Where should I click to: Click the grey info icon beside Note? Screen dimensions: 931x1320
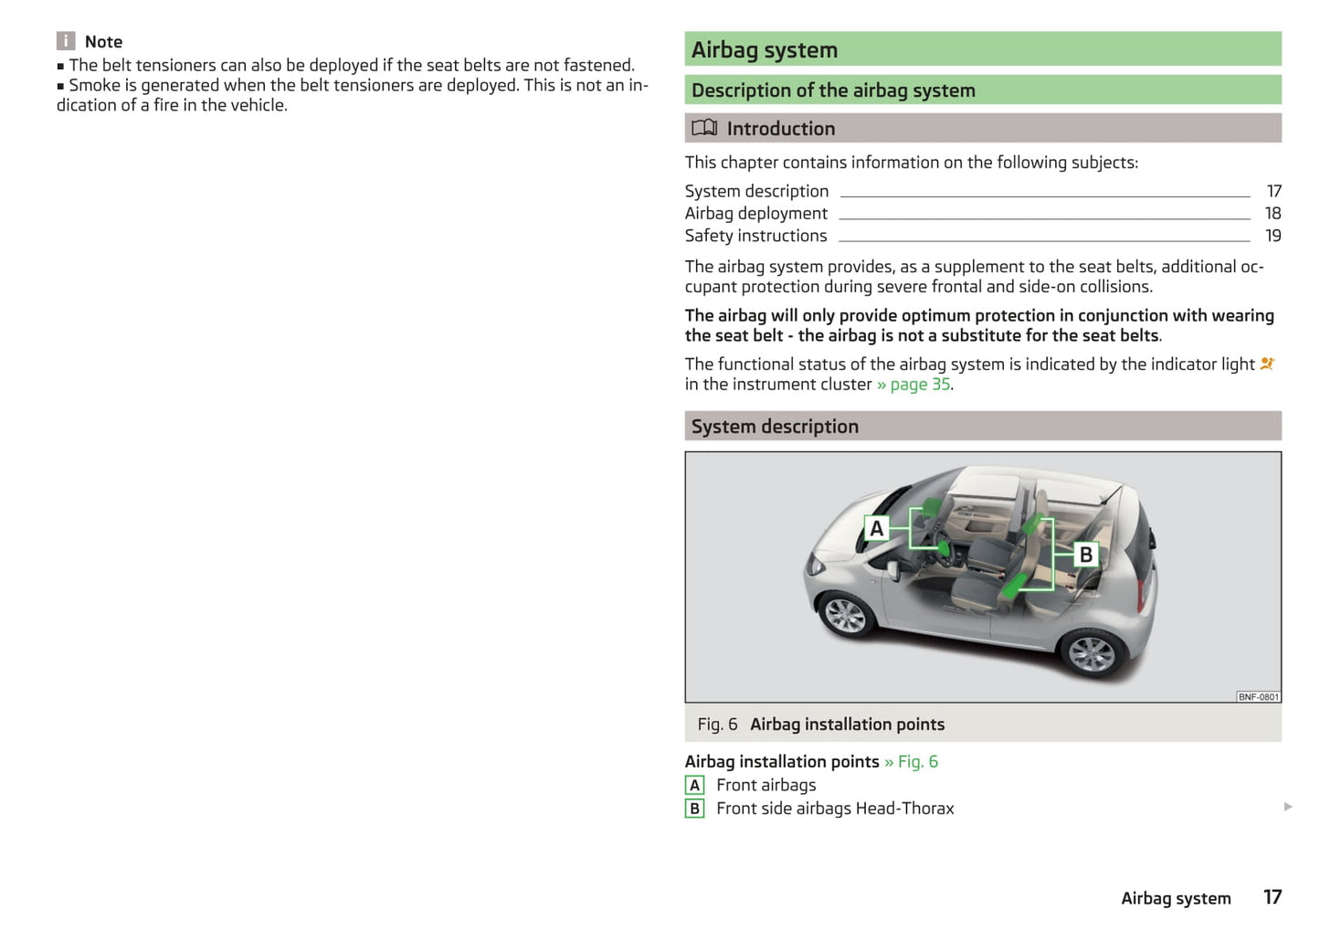(66, 41)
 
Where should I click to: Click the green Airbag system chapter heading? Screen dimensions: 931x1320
(765, 50)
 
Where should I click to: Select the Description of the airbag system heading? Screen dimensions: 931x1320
(833, 90)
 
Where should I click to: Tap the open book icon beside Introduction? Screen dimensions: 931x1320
(704, 128)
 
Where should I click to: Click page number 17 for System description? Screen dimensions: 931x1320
(1273, 191)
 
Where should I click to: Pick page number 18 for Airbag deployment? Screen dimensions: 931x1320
(1272, 213)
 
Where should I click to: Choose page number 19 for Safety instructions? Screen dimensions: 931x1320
(1272, 236)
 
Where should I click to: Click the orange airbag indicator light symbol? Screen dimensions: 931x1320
(1267, 364)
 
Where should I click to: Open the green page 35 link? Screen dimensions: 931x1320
(920, 385)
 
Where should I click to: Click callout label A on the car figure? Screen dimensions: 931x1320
(877, 528)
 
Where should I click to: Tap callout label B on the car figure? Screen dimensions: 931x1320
(1085, 555)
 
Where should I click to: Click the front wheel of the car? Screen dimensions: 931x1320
(845, 615)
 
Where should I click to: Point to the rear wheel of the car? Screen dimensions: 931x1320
(1091, 653)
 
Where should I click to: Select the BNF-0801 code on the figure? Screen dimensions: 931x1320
(1258, 697)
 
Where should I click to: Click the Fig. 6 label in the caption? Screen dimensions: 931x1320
(717, 725)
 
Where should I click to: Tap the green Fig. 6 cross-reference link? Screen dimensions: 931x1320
(917, 762)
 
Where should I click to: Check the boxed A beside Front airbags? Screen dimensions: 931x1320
(695, 786)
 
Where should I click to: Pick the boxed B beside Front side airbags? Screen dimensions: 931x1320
(695, 809)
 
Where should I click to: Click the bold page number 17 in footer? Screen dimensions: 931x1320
(1272, 897)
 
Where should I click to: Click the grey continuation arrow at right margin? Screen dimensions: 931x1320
(1288, 807)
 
